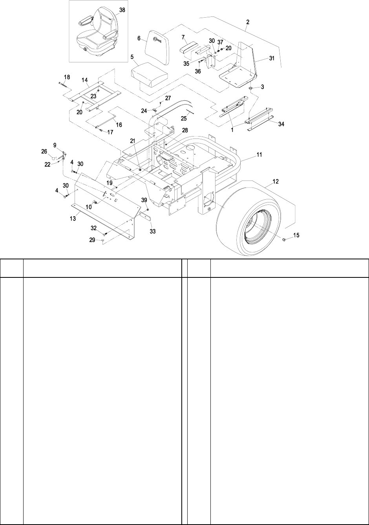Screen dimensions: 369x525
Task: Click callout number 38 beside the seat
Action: click(x=122, y=10)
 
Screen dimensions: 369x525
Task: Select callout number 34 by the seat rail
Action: click(x=280, y=124)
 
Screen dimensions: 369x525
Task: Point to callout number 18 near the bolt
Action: click(x=67, y=77)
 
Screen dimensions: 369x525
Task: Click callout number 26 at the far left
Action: click(x=44, y=151)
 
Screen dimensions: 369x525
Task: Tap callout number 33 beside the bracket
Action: click(x=153, y=232)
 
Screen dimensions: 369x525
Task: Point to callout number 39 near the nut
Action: click(x=145, y=200)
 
